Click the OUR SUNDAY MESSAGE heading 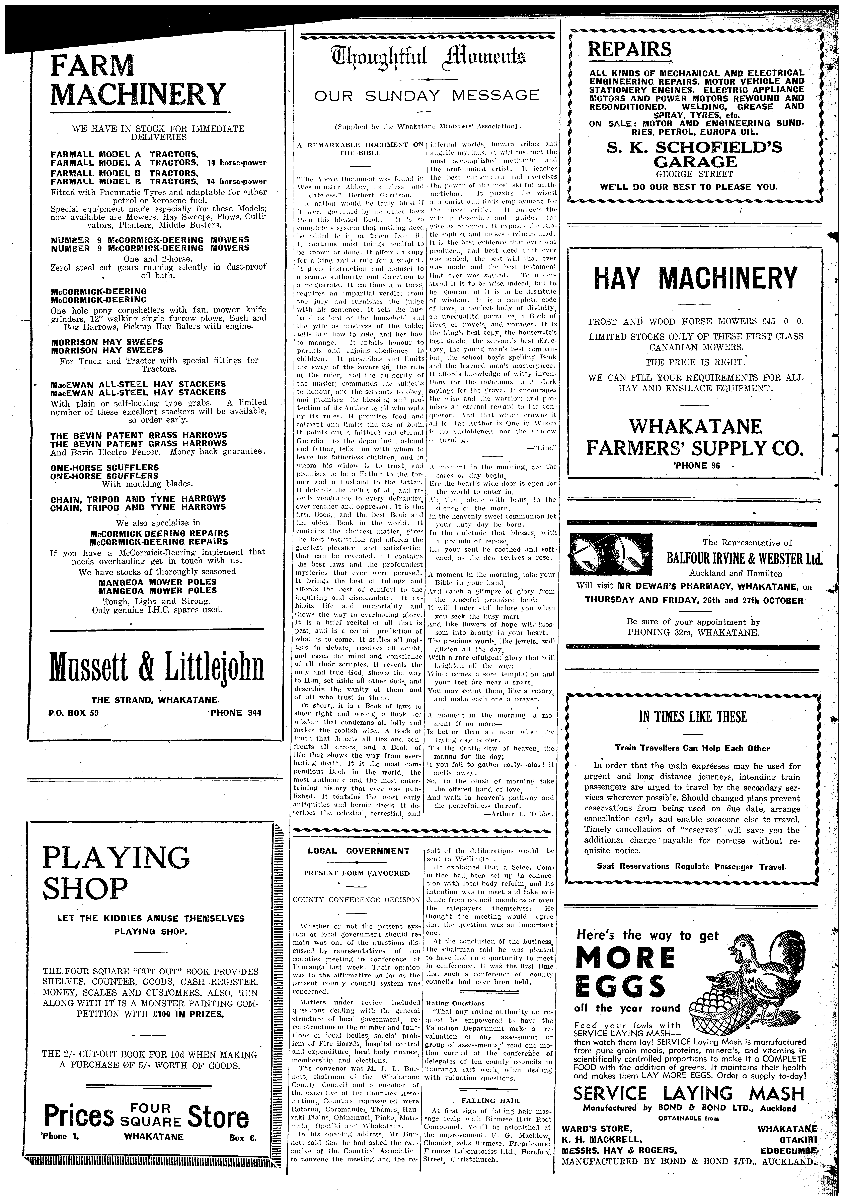[426, 96]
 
